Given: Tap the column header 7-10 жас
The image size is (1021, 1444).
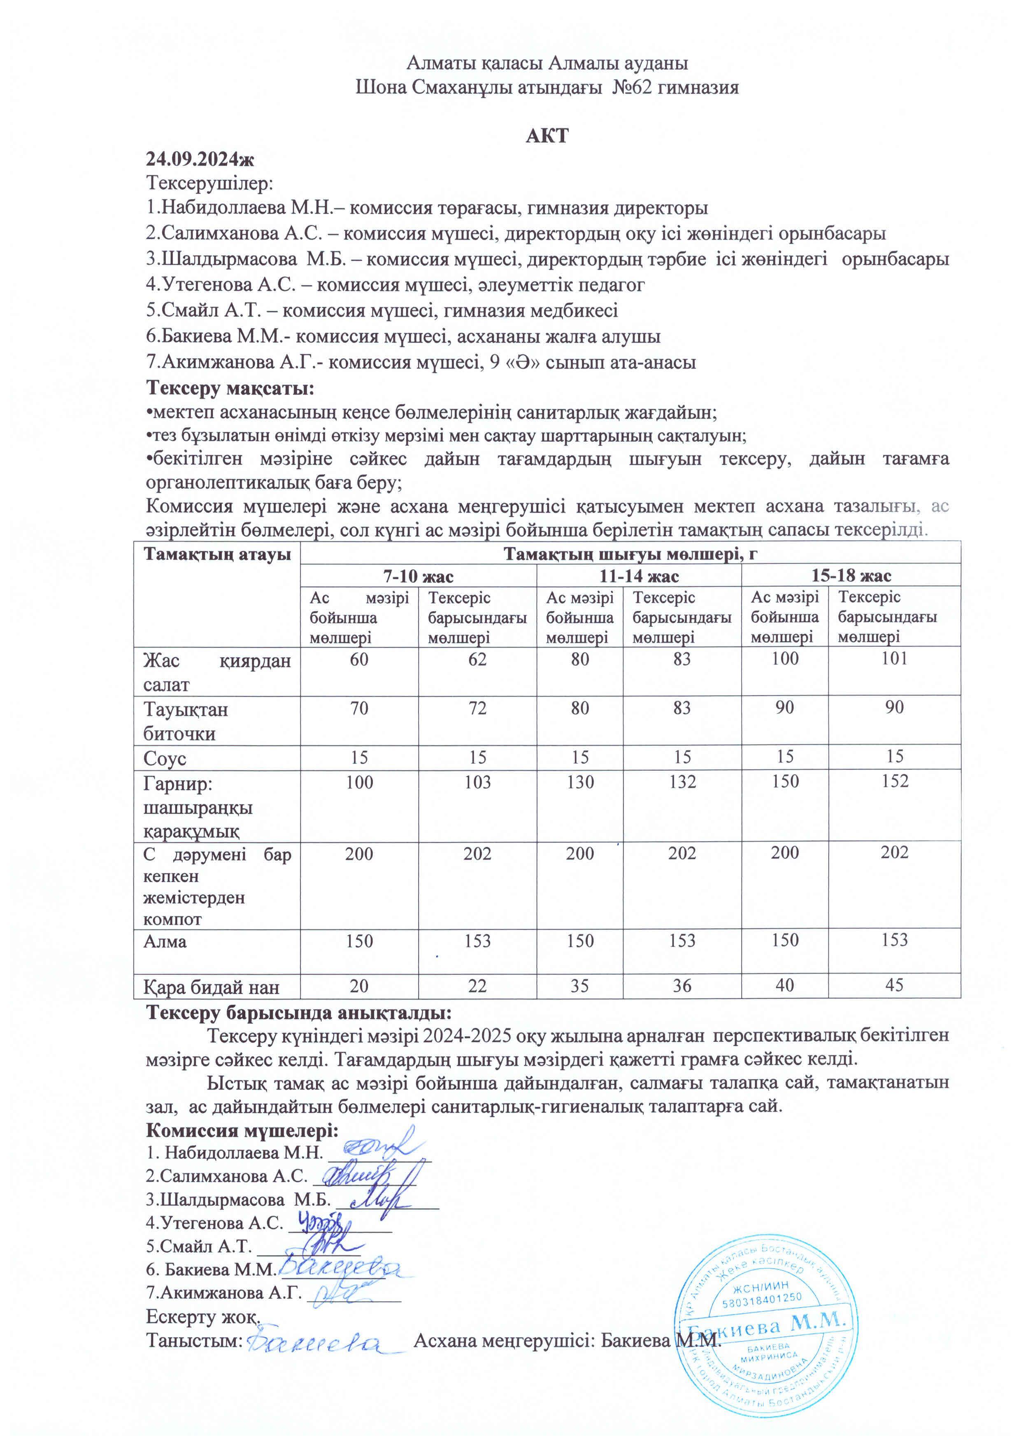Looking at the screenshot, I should click(x=418, y=575).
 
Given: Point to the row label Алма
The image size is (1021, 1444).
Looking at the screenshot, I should click(x=165, y=941).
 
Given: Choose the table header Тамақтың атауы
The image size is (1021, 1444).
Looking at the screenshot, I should click(x=217, y=555).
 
